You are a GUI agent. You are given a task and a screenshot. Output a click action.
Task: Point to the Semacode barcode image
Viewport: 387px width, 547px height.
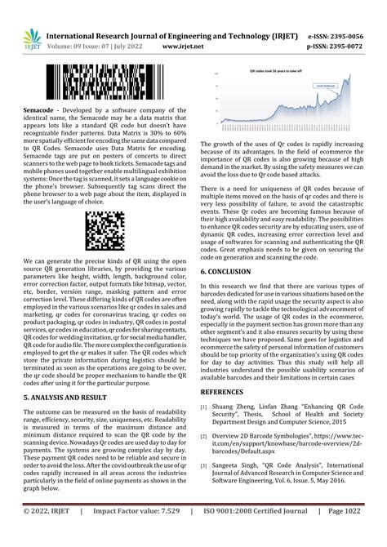(105, 84)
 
